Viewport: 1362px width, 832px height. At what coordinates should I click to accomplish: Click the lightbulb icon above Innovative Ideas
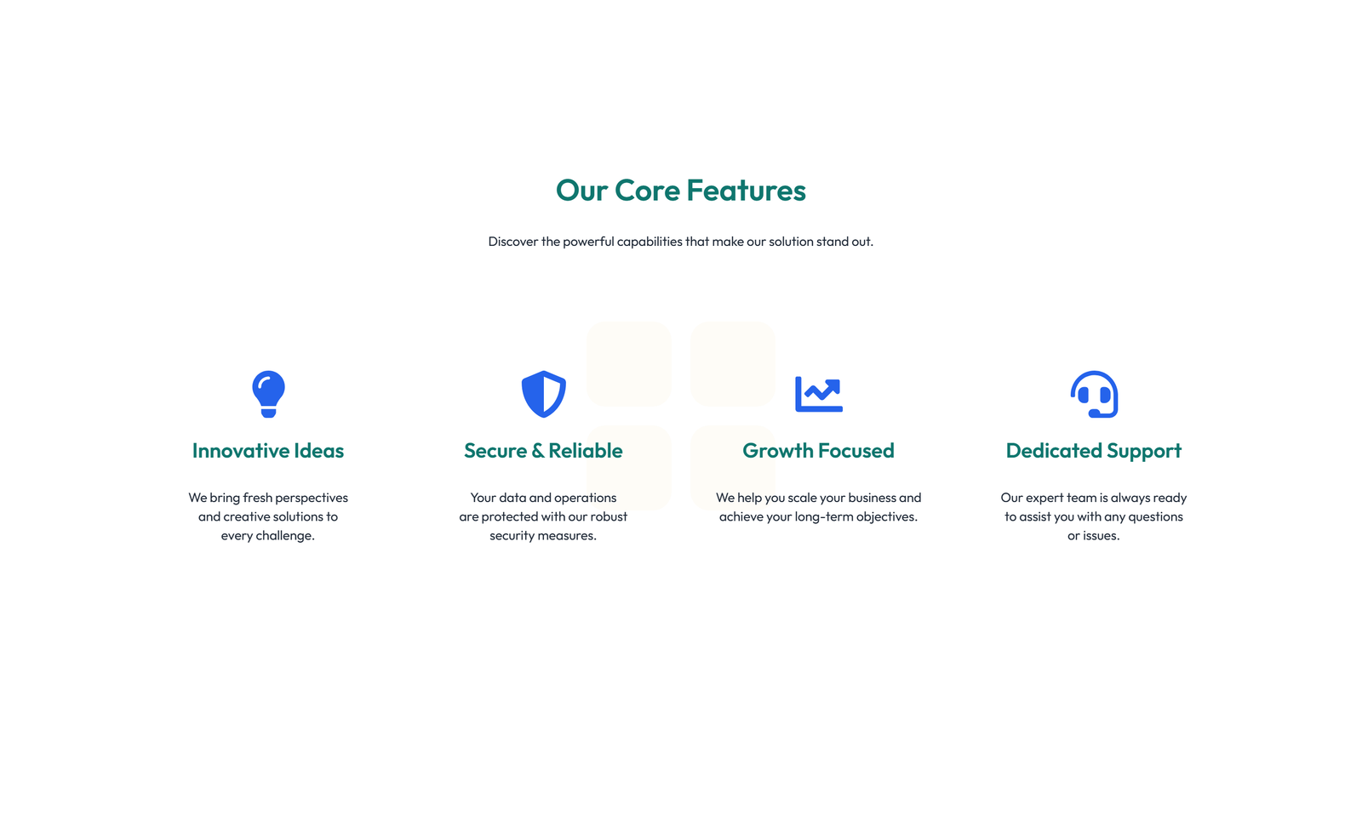[x=268, y=394]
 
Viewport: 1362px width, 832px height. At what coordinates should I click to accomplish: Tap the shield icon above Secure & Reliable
[x=544, y=394]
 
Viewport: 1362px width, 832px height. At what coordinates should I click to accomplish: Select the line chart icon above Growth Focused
[x=818, y=394]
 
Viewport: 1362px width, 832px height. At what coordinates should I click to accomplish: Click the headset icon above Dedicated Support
[x=1094, y=394]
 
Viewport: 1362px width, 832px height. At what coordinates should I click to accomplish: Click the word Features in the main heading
[x=746, y=191]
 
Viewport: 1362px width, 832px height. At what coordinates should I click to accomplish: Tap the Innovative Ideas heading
[x=268, y=450]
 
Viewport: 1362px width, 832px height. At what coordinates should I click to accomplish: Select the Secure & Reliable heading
[x=543, y=450]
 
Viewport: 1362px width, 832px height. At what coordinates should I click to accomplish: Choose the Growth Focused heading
[x=818, y=450]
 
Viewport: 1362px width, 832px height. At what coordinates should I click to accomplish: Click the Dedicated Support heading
[x=1093, y=451]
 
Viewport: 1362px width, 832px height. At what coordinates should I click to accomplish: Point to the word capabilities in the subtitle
[x=650, y=242]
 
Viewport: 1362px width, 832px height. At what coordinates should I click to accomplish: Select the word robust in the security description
[x=609, y=516]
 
